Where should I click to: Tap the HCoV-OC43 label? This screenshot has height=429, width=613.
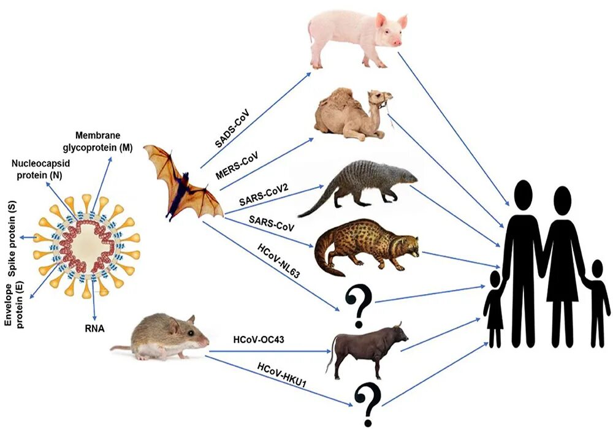pos(258,338)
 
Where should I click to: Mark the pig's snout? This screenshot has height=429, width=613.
pos(397,42)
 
